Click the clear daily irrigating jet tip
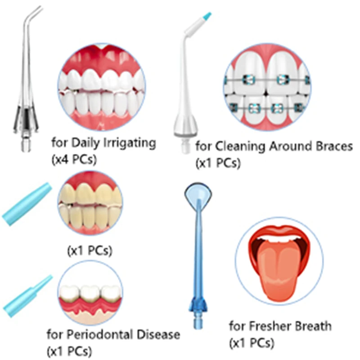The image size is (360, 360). tap(25, 90)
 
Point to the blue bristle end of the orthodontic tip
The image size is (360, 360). tap(207, 17)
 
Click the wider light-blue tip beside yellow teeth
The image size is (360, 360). tap(27, 205)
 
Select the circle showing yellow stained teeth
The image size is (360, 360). tap(90, 203)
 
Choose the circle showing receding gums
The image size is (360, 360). tap(90, 295)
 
